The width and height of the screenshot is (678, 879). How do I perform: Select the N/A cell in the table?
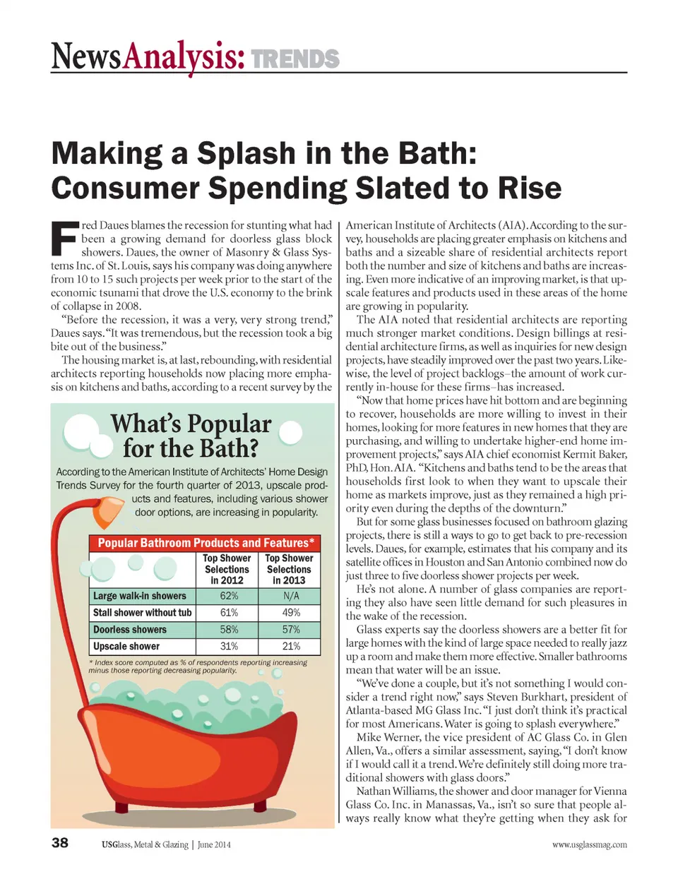[290, 596]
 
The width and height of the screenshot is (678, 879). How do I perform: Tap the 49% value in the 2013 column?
[290, 613]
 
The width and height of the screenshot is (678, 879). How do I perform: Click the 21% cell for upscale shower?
[290, 646]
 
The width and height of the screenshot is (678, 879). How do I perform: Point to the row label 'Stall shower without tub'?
[142, 613]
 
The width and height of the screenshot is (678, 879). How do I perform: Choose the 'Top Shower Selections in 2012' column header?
[227, 569]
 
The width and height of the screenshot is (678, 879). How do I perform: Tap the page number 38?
[60, 842]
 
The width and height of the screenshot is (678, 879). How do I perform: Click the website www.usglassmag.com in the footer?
[589, 844]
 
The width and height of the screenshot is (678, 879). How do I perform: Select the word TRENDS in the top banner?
[295, 59]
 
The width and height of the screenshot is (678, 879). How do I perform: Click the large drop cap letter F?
[64, 239]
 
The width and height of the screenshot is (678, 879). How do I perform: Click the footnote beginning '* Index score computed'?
[198, 666]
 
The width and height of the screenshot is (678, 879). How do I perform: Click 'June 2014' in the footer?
[214, 844]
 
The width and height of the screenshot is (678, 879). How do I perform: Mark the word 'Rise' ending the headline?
[529, 189]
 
